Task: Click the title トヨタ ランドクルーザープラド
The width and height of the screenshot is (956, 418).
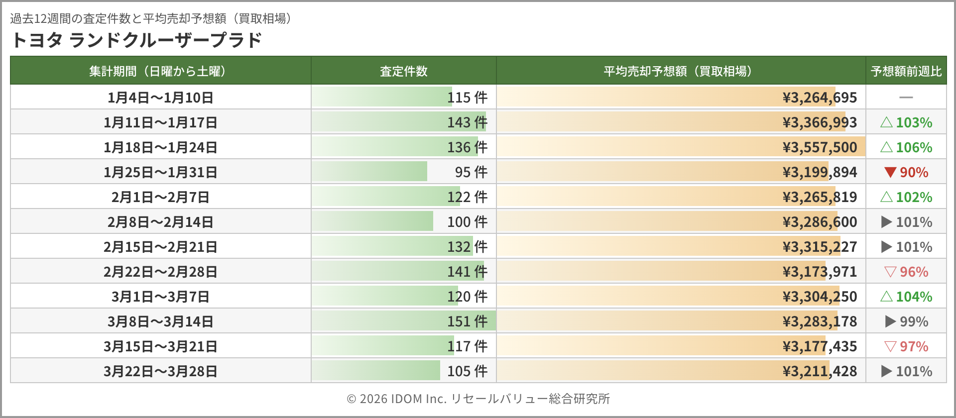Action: coord(136,40)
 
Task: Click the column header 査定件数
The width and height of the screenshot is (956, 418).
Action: coord(403,71)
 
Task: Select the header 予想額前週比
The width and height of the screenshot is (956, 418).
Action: coord(906,71)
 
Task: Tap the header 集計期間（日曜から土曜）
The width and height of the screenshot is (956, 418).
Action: coord(160,71)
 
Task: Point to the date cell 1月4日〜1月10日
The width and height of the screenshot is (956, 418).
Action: coord(160,98)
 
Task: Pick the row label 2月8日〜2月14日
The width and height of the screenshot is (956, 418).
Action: coord(160,222)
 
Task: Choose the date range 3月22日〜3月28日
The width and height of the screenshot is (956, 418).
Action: coord(160,371)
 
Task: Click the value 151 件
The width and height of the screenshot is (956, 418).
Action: coord(467,321)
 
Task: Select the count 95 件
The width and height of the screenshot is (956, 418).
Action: coord(471,172)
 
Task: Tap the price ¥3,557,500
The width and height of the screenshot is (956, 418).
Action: coord(820,147)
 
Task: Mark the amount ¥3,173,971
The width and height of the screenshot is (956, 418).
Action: coord(820,272)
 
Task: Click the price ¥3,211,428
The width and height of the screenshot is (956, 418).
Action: coord(820,371)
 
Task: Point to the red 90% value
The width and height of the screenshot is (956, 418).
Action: coord(914,172)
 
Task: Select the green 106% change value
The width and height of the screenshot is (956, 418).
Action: coord(914,147)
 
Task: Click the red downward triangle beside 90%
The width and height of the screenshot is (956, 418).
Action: coord(890,172)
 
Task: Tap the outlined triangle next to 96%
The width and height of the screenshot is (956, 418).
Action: coord(890,272)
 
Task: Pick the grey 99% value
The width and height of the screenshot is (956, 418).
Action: coord(914,321)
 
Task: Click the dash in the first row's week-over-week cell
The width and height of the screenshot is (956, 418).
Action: coord(906,98)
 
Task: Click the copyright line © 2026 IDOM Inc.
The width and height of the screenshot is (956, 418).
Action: coord(478,399)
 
